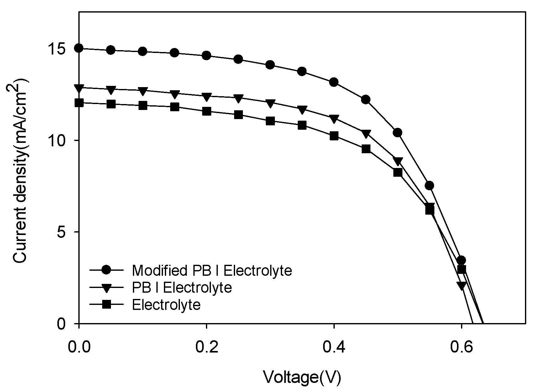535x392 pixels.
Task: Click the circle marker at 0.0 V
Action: coord(79,48)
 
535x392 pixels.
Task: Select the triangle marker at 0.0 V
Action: coord(79,88)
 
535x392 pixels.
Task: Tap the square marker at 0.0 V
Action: coord(79,103)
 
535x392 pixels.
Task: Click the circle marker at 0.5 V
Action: coord(397,133)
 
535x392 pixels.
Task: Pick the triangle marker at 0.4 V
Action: coord(334,119)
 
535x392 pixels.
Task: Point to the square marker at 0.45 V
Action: coord(366,149)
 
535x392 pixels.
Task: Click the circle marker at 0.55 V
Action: coord(429,186)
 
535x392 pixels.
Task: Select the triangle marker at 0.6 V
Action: coord(461,285)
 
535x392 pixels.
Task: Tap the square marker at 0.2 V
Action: coord(207,111)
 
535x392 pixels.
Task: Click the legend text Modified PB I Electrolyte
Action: coord(212,270)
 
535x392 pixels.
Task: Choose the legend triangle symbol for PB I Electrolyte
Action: coord(107,288)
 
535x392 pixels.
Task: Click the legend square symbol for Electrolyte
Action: coord(107,305)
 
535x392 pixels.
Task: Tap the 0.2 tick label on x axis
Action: coord(207,348)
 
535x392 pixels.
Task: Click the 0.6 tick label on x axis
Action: coord(461,348)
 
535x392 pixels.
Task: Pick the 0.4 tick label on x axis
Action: coord(334,348)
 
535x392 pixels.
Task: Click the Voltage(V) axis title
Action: coord(302,377)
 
